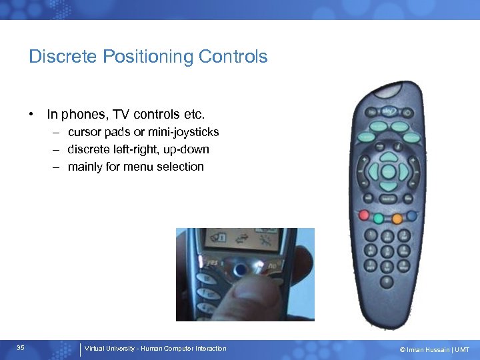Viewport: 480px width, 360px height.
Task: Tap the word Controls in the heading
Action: tap(233, 57)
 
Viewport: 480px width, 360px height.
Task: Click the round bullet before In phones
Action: tap(32, 114)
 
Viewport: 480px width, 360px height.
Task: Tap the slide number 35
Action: tap(21, 349)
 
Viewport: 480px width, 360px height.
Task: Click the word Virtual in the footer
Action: tap(95, 349)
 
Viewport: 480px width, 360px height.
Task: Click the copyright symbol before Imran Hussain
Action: tap(403, 349)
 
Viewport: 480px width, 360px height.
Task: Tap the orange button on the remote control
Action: tap(397, 218)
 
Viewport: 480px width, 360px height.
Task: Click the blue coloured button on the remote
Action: tap(412, 216)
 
